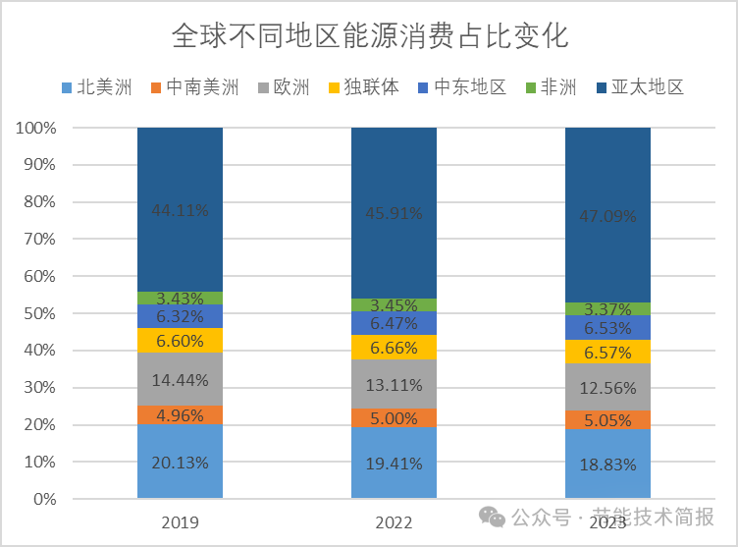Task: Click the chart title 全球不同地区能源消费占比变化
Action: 369,37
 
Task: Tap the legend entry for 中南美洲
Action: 194,87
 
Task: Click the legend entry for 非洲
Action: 552,87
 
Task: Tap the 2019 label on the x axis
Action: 180,522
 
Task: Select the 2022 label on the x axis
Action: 395,522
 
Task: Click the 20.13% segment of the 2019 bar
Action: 180,462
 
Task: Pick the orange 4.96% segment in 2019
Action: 180,414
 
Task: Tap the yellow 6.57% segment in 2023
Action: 608,352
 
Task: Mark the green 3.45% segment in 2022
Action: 395,305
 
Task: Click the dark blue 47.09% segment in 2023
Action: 608,215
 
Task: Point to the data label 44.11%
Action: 180,209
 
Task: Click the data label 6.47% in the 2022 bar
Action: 395,323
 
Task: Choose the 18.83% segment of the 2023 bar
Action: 608,464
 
